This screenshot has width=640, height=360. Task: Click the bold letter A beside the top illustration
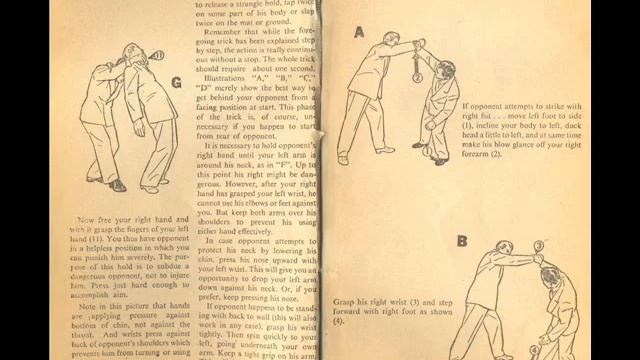(358, 31)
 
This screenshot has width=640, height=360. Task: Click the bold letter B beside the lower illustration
(462, 241)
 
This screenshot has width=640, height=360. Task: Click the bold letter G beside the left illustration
(176, 82)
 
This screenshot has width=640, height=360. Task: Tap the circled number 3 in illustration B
(537, 245)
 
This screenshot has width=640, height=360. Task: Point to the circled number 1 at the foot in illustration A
(428, 152)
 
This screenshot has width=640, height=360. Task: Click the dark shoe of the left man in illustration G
(118, 185)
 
